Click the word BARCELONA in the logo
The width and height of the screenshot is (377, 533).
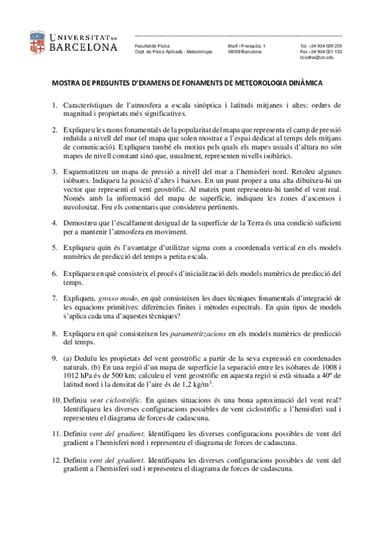click(x=82, y=48)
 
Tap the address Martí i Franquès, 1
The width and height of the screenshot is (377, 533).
click(x=247, y=47)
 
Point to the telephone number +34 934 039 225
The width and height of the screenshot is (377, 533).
click(x=325, y=47)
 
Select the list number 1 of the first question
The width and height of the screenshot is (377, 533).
click(x=55, y=105)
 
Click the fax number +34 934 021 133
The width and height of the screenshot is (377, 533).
click(x=325, y=52)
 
